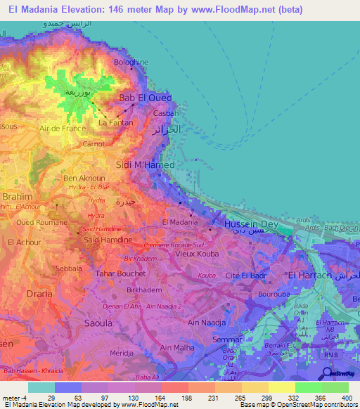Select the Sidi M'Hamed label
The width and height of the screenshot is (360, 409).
(144, 164)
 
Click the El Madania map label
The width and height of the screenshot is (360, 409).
(179, 221)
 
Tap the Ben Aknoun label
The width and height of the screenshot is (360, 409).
(84, 178)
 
